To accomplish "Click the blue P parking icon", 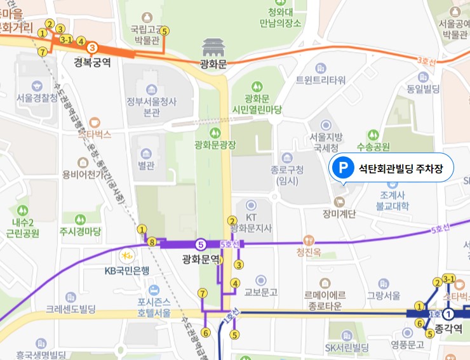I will (343, 168).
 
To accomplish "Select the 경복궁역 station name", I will (92, 62).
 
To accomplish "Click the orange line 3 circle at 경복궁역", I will (92, 48).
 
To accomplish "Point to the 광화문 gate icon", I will (213, 47).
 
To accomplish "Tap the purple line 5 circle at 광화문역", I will (201, 244).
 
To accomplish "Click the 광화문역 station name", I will (201, 259).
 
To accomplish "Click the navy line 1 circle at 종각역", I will (449, 314).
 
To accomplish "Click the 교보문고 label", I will (261, 292).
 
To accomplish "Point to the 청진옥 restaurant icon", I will (309, 240).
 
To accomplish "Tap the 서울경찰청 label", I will (36, 100).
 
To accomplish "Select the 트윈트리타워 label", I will (321, 80).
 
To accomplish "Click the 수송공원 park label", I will (373, 147).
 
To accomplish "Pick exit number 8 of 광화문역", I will (151, 242).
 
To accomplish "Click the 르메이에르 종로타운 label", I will (325, 300).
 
